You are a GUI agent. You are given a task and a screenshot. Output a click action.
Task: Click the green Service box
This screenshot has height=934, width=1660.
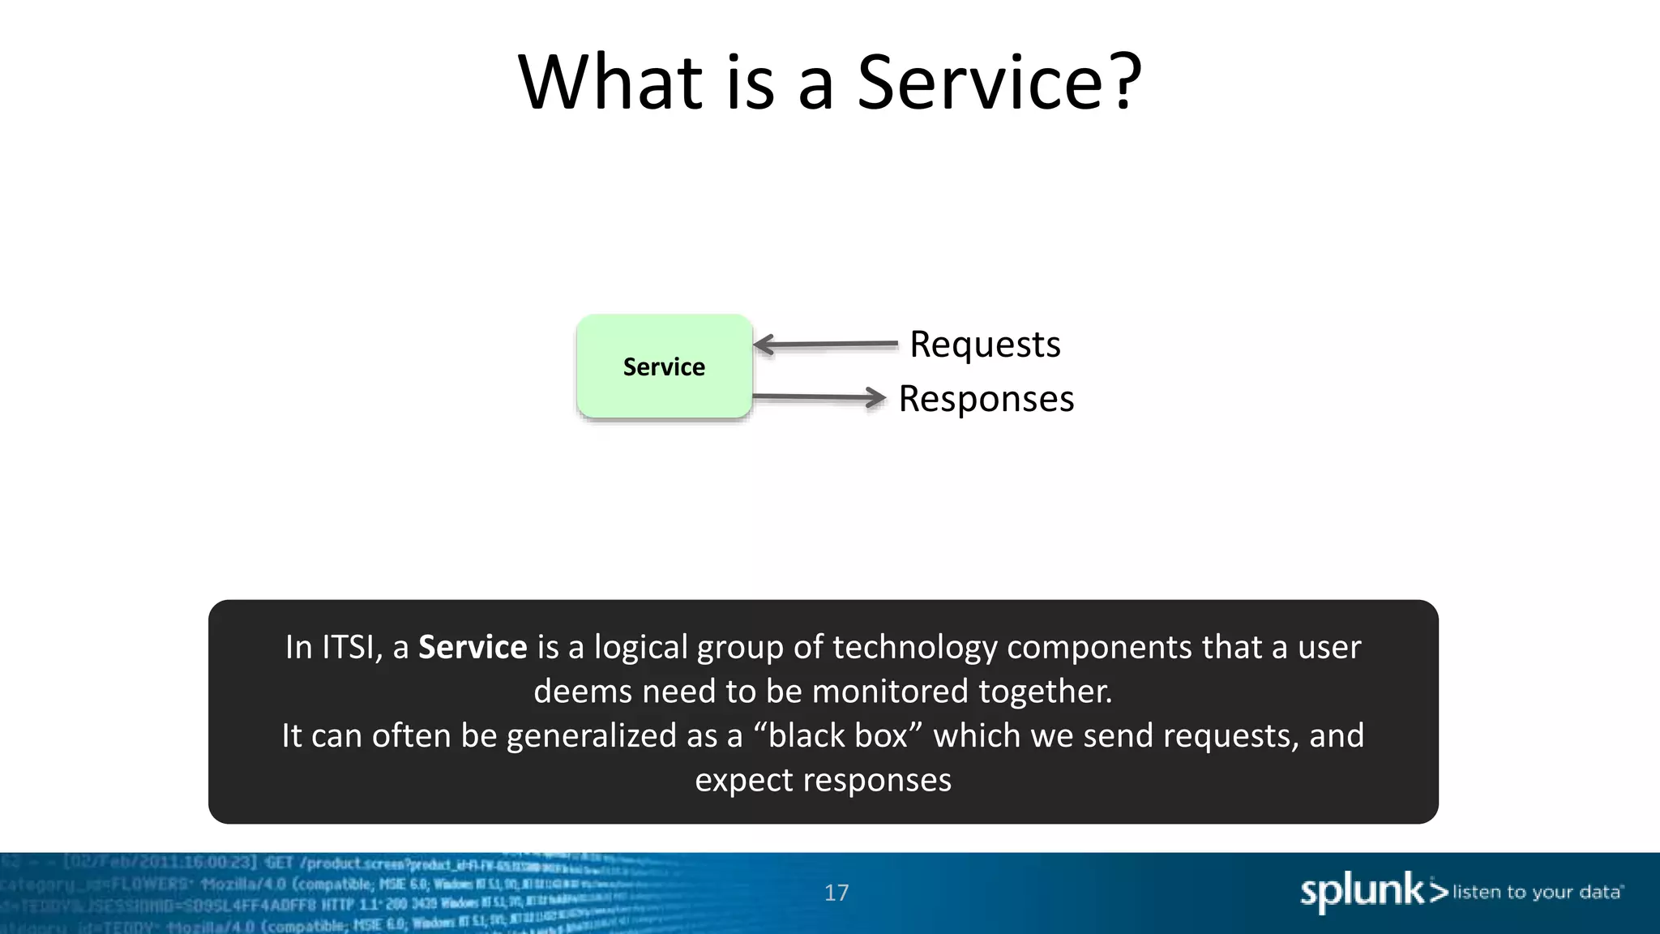tap(664, 366)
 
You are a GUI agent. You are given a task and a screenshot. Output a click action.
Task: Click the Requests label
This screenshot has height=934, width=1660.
tap(985, 344)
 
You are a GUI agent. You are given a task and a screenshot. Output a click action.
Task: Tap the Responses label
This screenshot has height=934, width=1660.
tap(986, 399)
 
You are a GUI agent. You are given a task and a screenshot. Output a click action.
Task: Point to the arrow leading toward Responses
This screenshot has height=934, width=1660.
tap(819, 397)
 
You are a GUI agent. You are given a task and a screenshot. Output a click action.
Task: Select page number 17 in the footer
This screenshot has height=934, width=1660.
tap(836, 893)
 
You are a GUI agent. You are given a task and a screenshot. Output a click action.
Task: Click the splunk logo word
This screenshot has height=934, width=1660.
tap(1362, 891)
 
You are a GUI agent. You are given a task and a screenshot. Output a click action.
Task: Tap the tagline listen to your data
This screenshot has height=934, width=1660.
tap(1537, 892)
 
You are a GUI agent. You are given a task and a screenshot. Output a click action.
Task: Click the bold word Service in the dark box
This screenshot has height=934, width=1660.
tap(473, 647)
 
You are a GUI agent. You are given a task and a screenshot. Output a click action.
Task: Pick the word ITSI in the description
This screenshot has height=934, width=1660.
tap(349, 647)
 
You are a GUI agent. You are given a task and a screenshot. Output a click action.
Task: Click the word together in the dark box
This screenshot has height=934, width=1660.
tap(1045, 692)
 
